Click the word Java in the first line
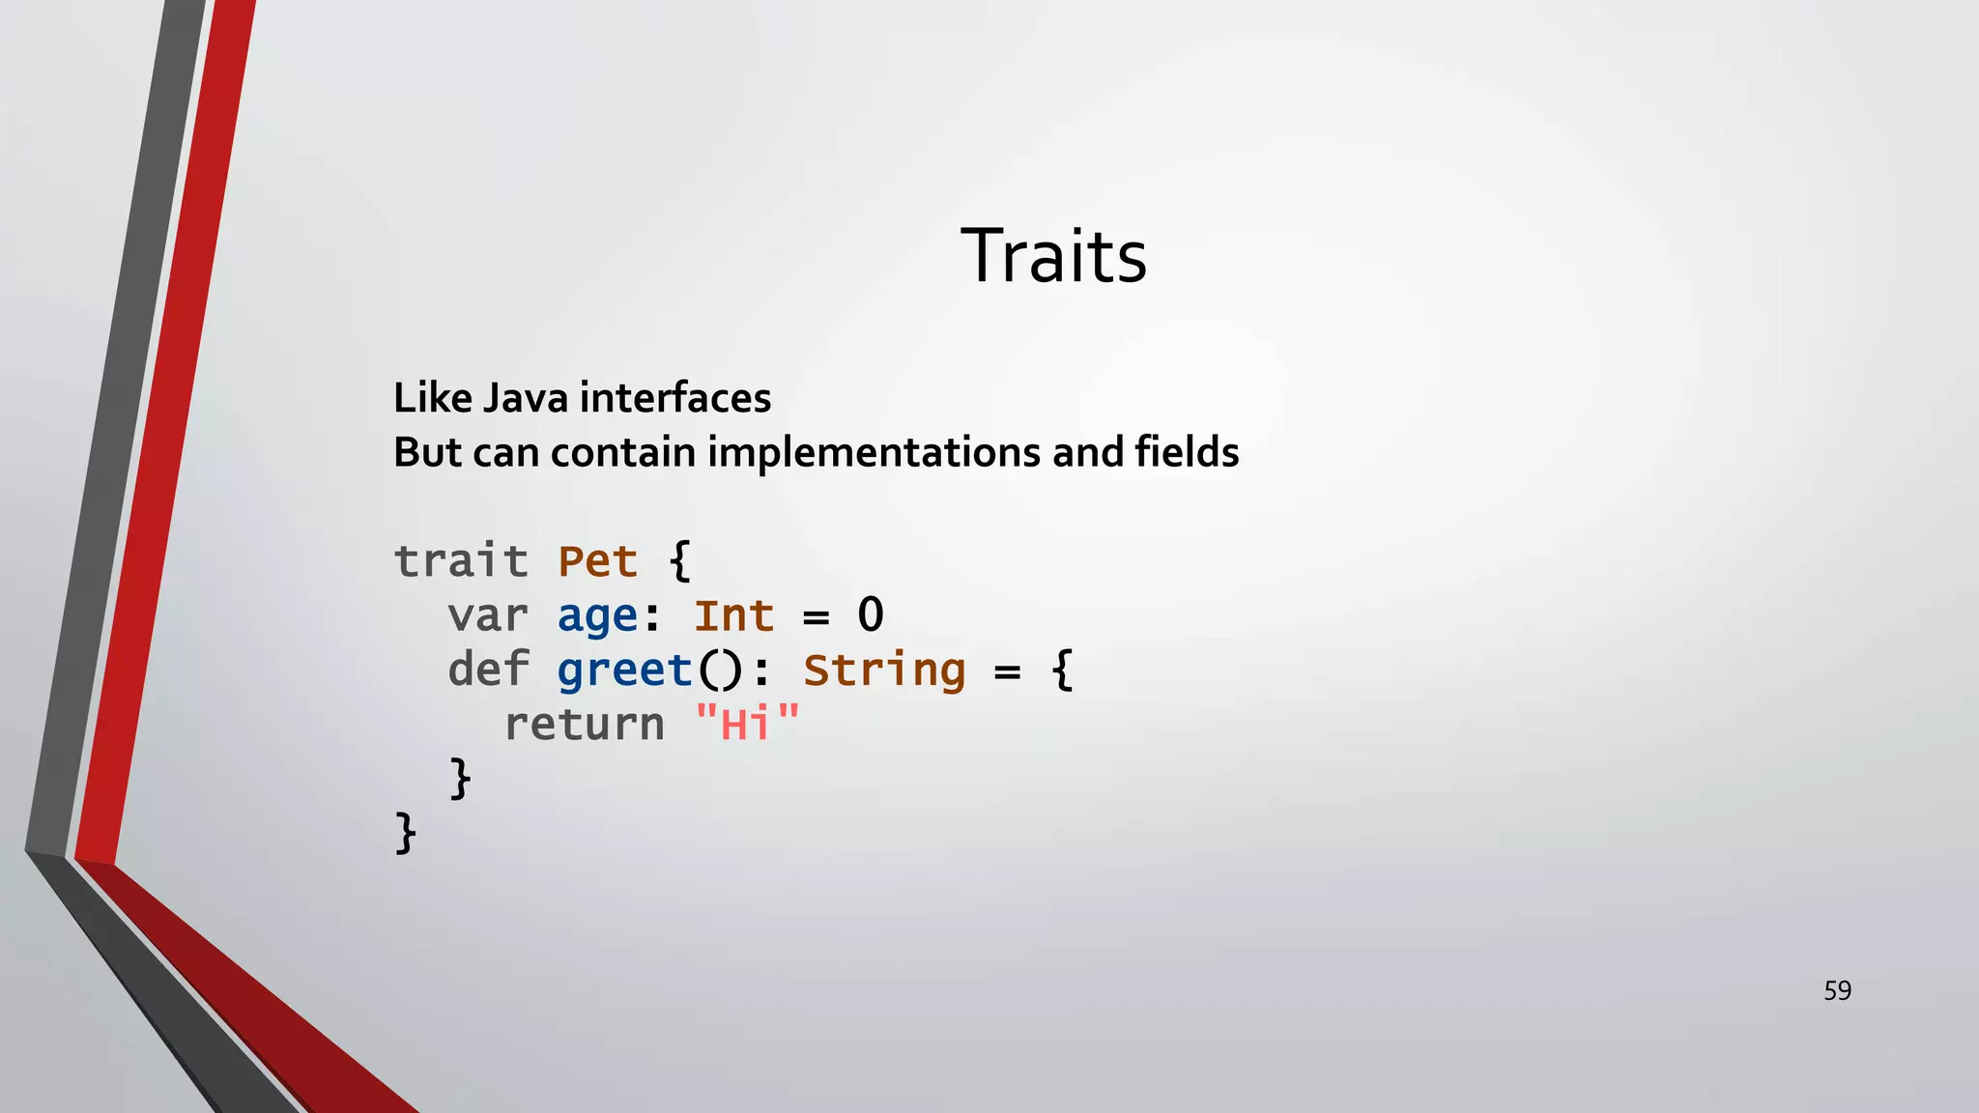tap(525, 398)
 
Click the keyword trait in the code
tap(461, 561)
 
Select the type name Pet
tap(598, 561)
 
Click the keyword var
tap(488, 615)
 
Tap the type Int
tap(734, 615)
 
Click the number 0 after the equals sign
tap(871, 615)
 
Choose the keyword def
tap(488, 670)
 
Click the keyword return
tap(584, 725)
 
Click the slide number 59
tap(1837, 990)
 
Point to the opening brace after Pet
tap(680, 561)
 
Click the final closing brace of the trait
tap(406, 833)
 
